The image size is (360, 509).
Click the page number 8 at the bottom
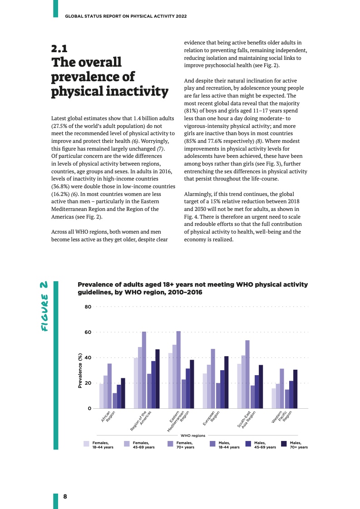pyautogui.click(x=65, y=496)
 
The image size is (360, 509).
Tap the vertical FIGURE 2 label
pyautogui.click(x=44, y=306)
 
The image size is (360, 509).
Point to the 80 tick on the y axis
pyautogui.click(x=88, y=307)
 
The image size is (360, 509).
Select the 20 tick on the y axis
pyautogui.click(x=88, y=383)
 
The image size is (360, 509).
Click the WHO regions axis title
pyautogui.click(x=193, y=436)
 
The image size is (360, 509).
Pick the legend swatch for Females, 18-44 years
pyautogui.click(x=86, y=444)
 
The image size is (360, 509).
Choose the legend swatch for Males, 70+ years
pyautogui.click(x=284, y=444)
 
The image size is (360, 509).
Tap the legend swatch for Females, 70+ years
pyautogui.click(x=170, y=444)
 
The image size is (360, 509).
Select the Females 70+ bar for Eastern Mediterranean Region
pyautogui.click(x=179, y=370)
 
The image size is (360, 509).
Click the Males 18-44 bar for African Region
pyautogui.click(x=115, y=401)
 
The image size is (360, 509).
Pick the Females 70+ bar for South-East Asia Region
pyautogui.click(x=247, y=374)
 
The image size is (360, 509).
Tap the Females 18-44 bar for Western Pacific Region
pyautogui.click(x=274, y=398)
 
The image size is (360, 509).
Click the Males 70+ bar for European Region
pyautogui.click(x=227, y=382)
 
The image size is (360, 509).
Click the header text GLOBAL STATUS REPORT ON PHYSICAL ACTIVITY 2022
pyautogui.click(x=126, y=16)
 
